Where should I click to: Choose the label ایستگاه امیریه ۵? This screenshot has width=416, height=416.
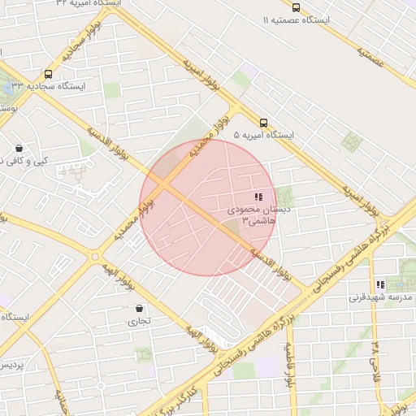tap(263, 135)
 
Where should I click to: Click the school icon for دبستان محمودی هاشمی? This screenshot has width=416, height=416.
tap(258, 197)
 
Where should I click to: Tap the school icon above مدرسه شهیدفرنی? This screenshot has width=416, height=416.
tap(379, 285)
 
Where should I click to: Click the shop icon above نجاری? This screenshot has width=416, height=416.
tap(139, 309)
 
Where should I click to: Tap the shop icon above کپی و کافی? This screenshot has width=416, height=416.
tap(19, 148)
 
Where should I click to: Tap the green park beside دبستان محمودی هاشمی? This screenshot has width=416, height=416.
tap(284, 196)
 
